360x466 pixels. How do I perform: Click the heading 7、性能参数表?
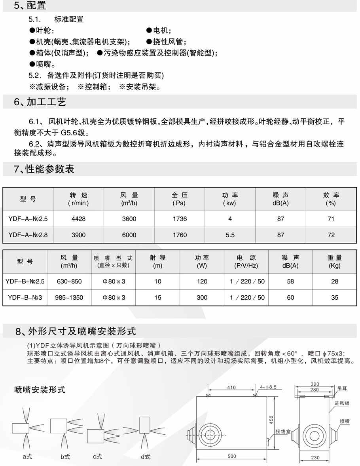coord(44,170)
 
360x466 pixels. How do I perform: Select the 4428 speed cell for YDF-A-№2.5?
coord(78,219)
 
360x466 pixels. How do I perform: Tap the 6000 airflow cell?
coord(129,235)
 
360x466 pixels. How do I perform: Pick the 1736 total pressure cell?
coord(180,219)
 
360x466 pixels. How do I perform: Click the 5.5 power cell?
coord(230,235)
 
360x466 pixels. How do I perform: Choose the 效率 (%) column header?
coord(331,199)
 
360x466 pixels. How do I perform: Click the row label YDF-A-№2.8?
coord(28,235)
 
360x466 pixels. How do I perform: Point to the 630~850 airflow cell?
coord(69,282)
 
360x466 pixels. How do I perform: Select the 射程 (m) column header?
coord(157,261)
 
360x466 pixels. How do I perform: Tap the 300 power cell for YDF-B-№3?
coord(202,297)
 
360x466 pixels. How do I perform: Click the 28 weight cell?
coord(335,282)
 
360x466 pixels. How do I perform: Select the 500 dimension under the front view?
coord(232,456)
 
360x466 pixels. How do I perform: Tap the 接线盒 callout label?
coord(283,431)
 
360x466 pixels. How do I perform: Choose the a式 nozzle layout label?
coord(27,456)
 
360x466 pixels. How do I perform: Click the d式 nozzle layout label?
coord(145,456)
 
